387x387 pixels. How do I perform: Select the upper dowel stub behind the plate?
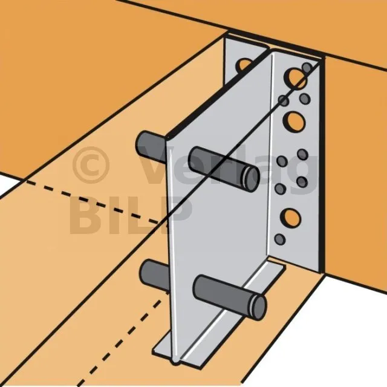tap(150, 146)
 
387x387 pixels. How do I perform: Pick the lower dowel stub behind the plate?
tap(154, 275)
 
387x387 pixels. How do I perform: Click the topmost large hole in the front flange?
tap(294, 78)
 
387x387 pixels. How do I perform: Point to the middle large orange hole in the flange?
tap(294, 121)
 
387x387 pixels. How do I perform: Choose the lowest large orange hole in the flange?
tap(291, 218)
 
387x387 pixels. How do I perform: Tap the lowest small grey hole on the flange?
tap(280, 239)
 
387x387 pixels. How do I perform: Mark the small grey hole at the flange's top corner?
tap(307, 67)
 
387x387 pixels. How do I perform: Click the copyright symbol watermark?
tap(91, 165)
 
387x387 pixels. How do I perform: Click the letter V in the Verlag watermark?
tap(158, 164)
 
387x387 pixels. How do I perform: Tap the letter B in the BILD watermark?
tap(83, 215)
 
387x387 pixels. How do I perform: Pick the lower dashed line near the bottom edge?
tap(121, 340)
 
